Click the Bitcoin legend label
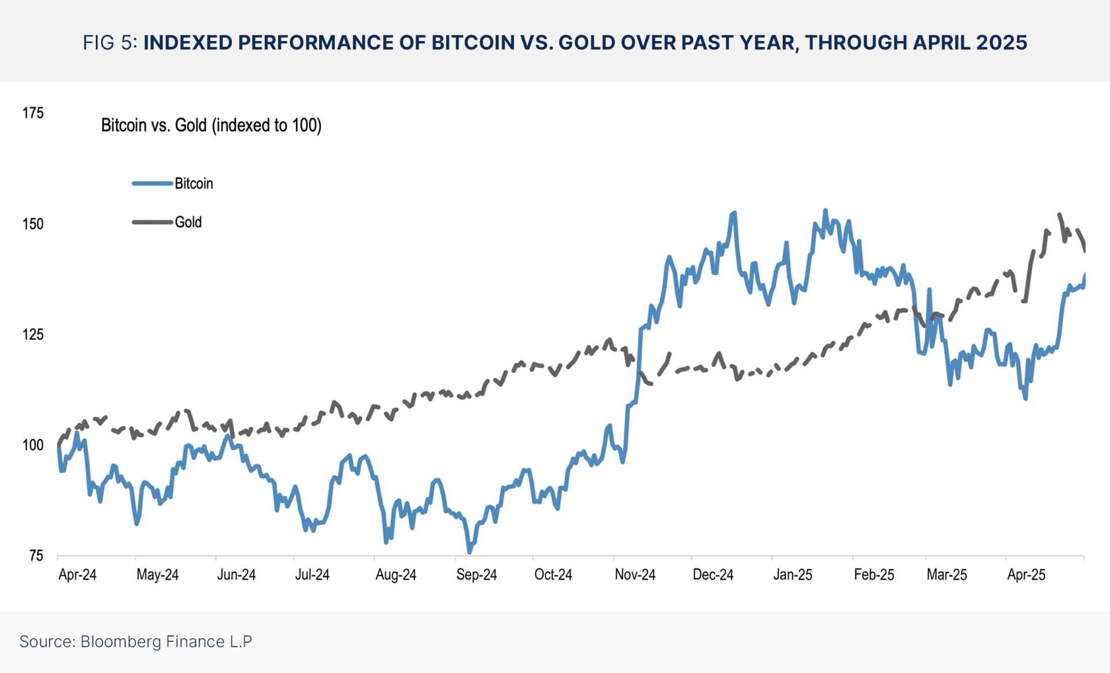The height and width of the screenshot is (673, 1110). coord(194,184)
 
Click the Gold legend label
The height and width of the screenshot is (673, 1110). coord(188,222)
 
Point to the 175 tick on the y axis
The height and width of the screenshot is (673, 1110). coord(33,113)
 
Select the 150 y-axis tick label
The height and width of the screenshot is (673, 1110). coord(33,224)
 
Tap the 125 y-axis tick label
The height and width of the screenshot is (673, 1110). coord(33,334)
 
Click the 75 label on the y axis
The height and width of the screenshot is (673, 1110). coord(36,556)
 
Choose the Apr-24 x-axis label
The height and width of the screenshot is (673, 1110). coord(77,575)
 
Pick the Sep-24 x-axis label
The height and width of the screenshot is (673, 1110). coord(476,575)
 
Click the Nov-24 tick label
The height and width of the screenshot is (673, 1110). coord(635,575)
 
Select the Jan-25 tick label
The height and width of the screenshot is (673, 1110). coord(793,575)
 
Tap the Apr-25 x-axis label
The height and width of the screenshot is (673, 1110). coord(1026,575)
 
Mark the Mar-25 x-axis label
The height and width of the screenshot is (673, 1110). coord(946,575)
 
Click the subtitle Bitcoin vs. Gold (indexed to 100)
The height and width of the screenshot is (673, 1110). coord(211,125)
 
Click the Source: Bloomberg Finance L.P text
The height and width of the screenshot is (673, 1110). coord(136,642)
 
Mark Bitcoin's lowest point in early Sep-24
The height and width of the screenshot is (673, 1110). coord(469,552)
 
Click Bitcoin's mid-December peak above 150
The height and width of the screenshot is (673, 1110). coord(734,213)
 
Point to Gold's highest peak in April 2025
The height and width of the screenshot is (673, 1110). coord(1059,215)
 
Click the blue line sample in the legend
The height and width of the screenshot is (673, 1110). coord(152,184)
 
